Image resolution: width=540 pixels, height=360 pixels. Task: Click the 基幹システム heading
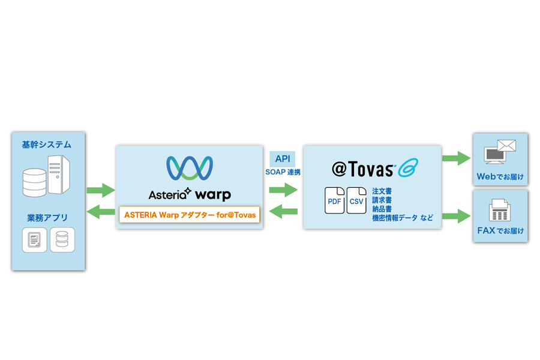coord(46,145)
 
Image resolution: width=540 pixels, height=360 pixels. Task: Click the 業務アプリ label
coord(47,217)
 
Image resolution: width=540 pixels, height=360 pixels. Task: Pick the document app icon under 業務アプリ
coord(35,240)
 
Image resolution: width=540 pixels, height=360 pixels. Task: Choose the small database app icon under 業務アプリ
coord(62,240)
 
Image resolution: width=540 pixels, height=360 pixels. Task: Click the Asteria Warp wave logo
coord(190,168)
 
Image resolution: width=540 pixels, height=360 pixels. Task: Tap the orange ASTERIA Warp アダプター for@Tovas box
coord(190,214)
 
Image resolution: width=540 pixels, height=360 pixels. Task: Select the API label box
coord(283,159)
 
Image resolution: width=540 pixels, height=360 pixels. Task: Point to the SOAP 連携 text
coord(283,172)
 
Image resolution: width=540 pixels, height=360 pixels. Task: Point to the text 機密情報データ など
coord(402,218)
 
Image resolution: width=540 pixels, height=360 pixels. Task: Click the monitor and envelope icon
coord(500,152)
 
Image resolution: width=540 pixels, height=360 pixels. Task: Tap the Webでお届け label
coord(500,177)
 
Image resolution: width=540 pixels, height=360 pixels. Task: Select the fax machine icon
coord(500,209)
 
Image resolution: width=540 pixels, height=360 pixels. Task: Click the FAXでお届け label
coord(500,231)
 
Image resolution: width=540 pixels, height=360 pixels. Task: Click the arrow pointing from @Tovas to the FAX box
coord(456,215)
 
